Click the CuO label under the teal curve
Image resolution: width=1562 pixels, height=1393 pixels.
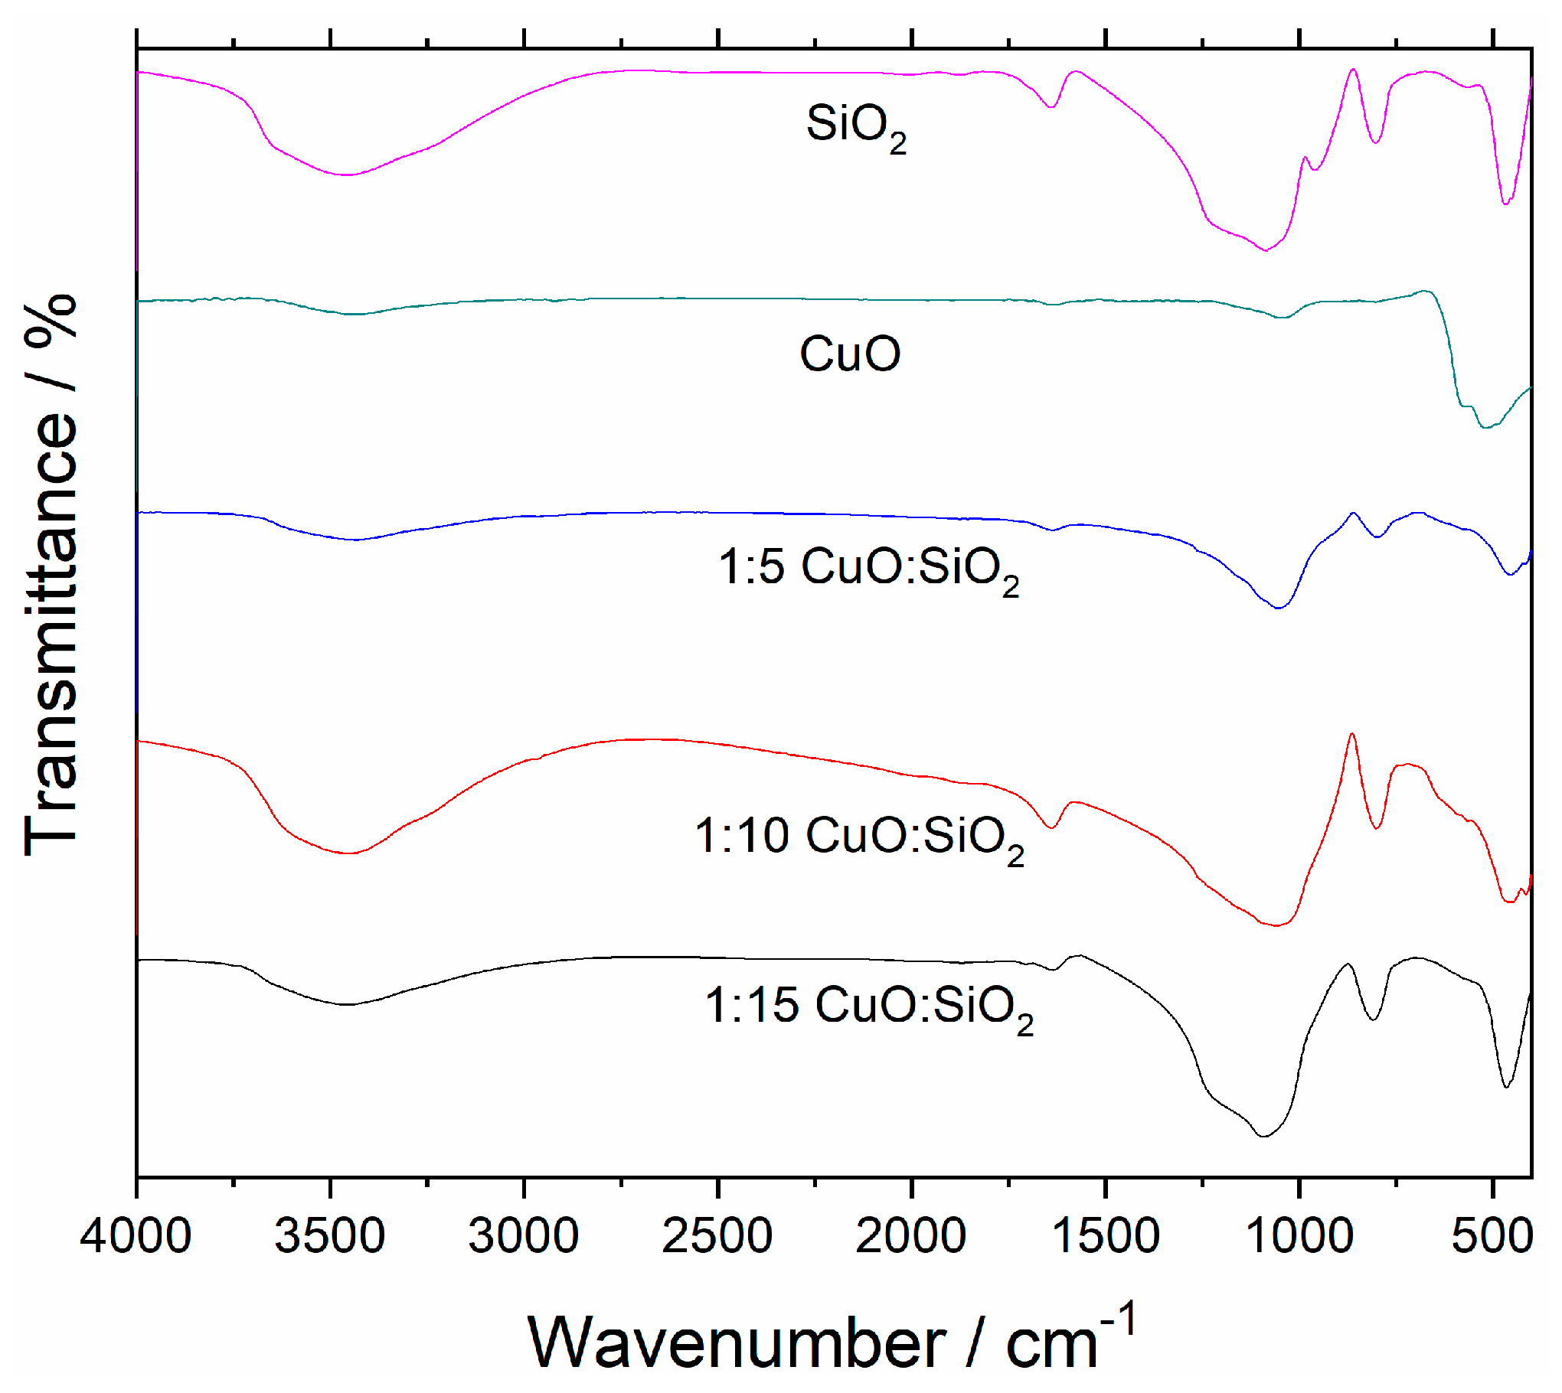coord(850,354)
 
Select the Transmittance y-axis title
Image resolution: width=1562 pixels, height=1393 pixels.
coord(52,574)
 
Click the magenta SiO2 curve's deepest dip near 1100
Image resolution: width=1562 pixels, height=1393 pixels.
coord(1265,250)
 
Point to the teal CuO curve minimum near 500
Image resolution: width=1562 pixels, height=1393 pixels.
coord(1485,427)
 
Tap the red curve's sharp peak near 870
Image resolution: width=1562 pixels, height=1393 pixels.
coord(1352,734)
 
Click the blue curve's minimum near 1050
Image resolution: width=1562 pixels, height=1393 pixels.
coord(1278,608)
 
